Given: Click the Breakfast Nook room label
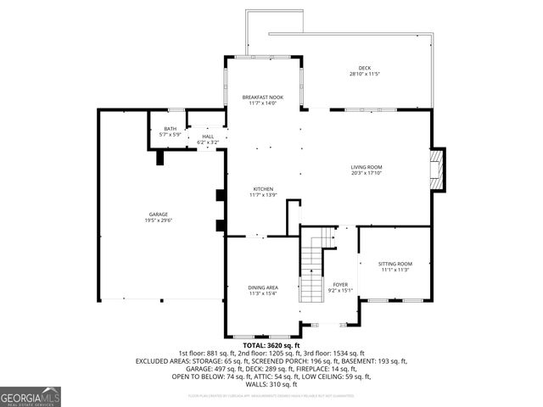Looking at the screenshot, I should click(x=262, y=98).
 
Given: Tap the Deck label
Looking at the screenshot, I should click(x=364, y=68).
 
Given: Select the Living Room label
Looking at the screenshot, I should click(x=367, y=167).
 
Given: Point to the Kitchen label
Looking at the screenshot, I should click(x=262, y=189).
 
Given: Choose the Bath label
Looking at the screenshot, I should click(x=171, y=129).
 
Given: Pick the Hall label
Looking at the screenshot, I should click(x=208, y=137).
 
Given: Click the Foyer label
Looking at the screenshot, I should click(x=340, y=285).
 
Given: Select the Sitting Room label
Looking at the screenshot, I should click(x=396, y=265).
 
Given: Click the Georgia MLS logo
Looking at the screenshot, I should click(x=30, y=396).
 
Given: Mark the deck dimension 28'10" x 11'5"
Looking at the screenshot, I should click(x=364, y=75).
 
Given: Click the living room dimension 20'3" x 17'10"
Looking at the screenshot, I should click(x=367, y=173).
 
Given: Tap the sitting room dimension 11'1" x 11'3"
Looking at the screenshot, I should click(x=396, y=270).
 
